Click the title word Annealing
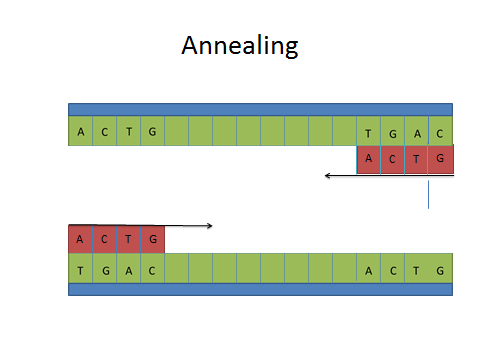click(240, 46)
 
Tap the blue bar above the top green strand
click(260, 110)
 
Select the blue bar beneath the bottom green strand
click(260, 289)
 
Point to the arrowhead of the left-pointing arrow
click(327, 175)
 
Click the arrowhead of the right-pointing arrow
click(210, 226)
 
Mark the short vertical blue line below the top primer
click(428, 195)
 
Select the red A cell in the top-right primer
click(368, 159)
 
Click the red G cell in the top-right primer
click(441, 159)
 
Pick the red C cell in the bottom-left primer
click(104, 239)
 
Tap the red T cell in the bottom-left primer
click(128, 239)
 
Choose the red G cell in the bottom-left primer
click(153, 239)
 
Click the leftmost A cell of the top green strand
click(80, 131)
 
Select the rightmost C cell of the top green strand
click(440, 131)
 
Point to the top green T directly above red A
click(368, 131)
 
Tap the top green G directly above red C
click(392, 131)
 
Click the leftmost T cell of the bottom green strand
click(80, 268)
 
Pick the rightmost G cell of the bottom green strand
click(440, 268)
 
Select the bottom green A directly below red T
click(128, 268)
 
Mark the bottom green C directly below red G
click(153, 268)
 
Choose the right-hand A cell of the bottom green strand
click(368, 268)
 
